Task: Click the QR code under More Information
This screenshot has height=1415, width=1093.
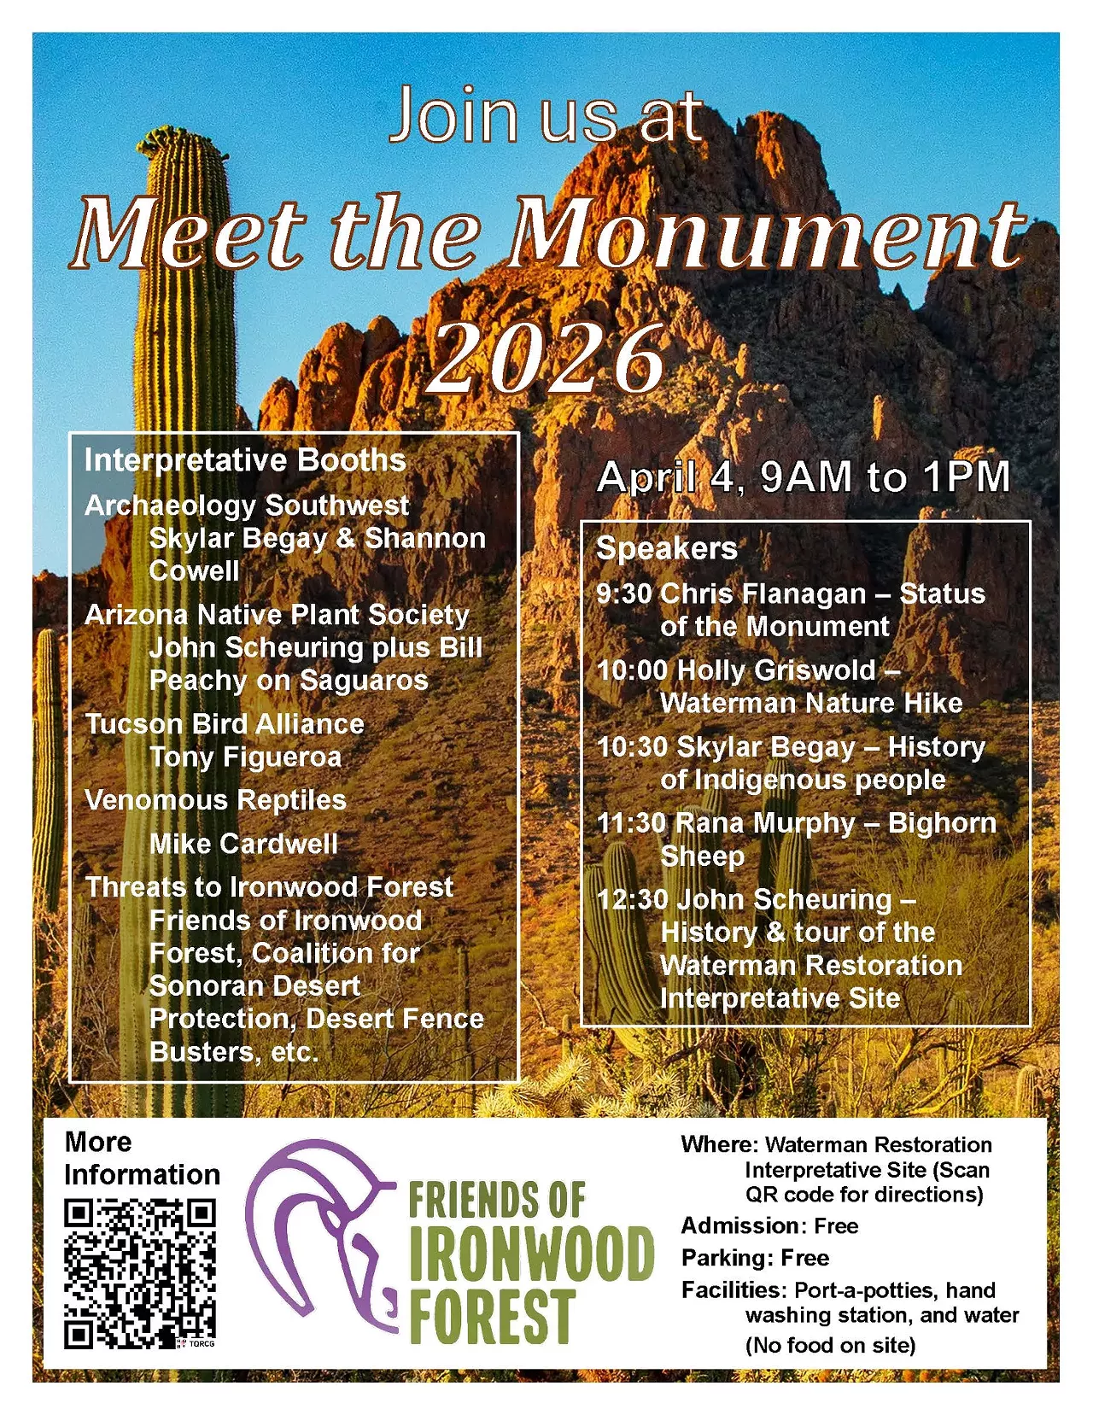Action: point(140,1273)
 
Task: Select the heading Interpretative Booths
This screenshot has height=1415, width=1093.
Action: point(245,460)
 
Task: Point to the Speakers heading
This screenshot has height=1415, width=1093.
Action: point(666,548)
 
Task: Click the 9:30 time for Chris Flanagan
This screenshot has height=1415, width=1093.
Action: point(623,593)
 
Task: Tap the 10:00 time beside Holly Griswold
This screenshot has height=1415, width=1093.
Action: point(632,670)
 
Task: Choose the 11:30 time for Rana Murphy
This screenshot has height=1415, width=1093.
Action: point(631,823)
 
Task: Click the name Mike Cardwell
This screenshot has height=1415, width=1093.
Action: point(243,844)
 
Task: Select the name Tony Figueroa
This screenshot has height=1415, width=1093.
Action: point(245,757)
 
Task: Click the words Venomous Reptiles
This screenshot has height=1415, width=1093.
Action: point(215,800)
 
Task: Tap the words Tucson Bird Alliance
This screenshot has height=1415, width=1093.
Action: point(225,724)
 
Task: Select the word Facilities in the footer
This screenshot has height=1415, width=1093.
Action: point(733,1289)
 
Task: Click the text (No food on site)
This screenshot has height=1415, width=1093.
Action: point(830,1346)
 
